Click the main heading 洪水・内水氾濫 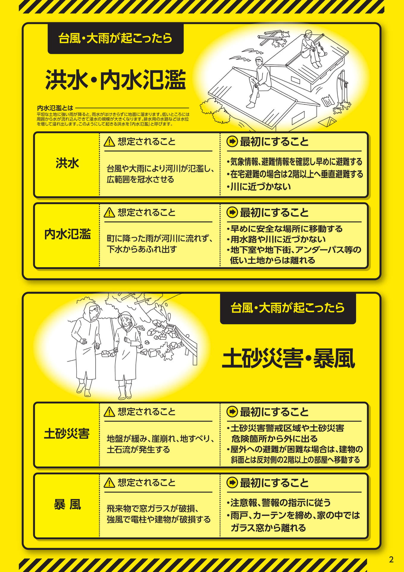click(x=116, y=80)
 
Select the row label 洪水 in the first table click(x=68, y=163)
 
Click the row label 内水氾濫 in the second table click(x=68, y=234)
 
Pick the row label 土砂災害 click(x=67, y=433)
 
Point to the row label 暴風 click(x=68, y=505)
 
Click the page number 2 click(x=391, y=559)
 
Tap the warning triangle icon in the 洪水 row click(x=109, y=142)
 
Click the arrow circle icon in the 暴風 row click(x=232, y=482)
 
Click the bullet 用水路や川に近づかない click(x=276, y=239)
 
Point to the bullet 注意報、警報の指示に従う click(x=279, y=503)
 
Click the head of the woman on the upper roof click(x=309, y=33)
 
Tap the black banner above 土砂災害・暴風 click(x=288, y=308)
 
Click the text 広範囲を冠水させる click(x=140, y=179)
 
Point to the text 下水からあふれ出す click(x=142, y=249)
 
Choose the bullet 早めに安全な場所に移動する click(x=285, y=229)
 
